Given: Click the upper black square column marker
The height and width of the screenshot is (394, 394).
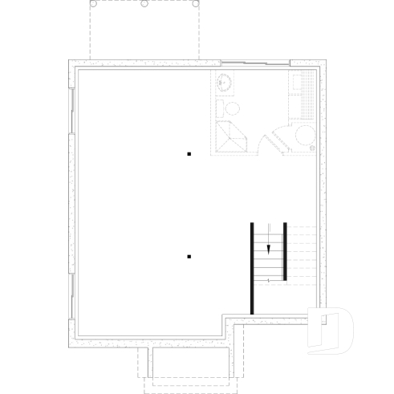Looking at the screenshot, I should tap(189, 152).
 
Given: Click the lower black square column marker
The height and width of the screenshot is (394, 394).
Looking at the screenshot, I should tap(189, 257).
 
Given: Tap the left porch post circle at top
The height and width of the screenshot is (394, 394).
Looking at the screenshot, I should tap(93, 3).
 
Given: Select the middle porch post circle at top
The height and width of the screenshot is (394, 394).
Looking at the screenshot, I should tap(144, 3).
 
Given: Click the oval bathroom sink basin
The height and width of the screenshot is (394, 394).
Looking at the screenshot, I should tap(225, 82).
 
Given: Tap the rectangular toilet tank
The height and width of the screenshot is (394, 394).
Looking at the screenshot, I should tap(221, 107).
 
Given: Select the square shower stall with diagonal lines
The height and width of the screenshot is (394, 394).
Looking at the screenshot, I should tap(232, 139).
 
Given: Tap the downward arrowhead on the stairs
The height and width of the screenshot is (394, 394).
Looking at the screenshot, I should tap(270, 250).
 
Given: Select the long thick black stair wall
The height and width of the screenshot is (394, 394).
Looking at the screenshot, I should tap(252, 266).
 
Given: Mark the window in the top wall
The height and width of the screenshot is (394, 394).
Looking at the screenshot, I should tap(255, 63).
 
